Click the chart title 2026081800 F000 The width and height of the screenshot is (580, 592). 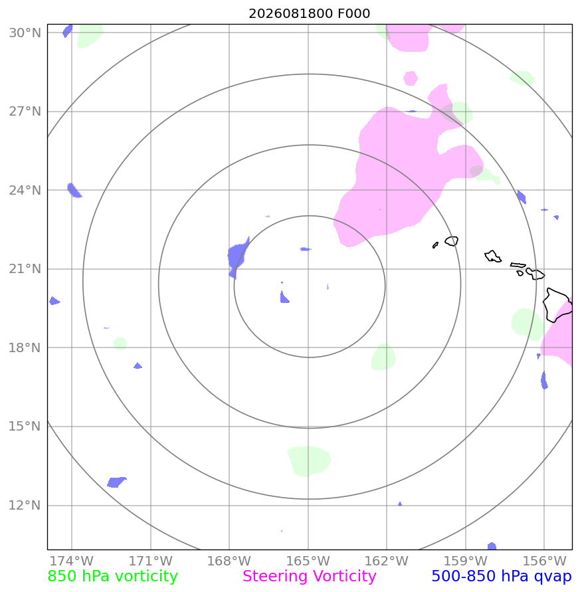click(309, 13)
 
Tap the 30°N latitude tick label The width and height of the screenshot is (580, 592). click(25, 33)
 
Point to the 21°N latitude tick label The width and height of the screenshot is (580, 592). click(25, 269)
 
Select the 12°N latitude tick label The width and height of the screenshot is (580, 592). click(25, 505)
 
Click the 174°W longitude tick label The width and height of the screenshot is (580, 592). click(71, 561)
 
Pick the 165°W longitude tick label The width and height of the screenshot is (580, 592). click(308, 561)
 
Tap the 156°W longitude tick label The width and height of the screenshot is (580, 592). click(544, 561)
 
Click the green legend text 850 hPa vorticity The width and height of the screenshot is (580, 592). click(112, 576)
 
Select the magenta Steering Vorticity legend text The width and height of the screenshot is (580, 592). click(309, 576)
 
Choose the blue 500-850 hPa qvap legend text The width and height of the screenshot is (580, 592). click(502, 576)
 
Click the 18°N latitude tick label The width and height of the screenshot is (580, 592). click(25, 347)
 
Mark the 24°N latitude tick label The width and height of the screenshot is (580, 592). click(25, 190)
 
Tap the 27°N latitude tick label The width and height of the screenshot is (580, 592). click(25, 112)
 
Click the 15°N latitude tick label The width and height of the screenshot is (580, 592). click(25, 427)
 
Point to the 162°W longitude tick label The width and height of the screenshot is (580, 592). click(386, 561)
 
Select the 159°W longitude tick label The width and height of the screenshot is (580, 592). click(465, 561)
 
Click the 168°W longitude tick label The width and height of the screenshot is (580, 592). click(229, 561)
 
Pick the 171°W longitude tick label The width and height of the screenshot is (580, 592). click(151, 561)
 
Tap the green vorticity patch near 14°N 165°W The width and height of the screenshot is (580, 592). click(309, 460)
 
